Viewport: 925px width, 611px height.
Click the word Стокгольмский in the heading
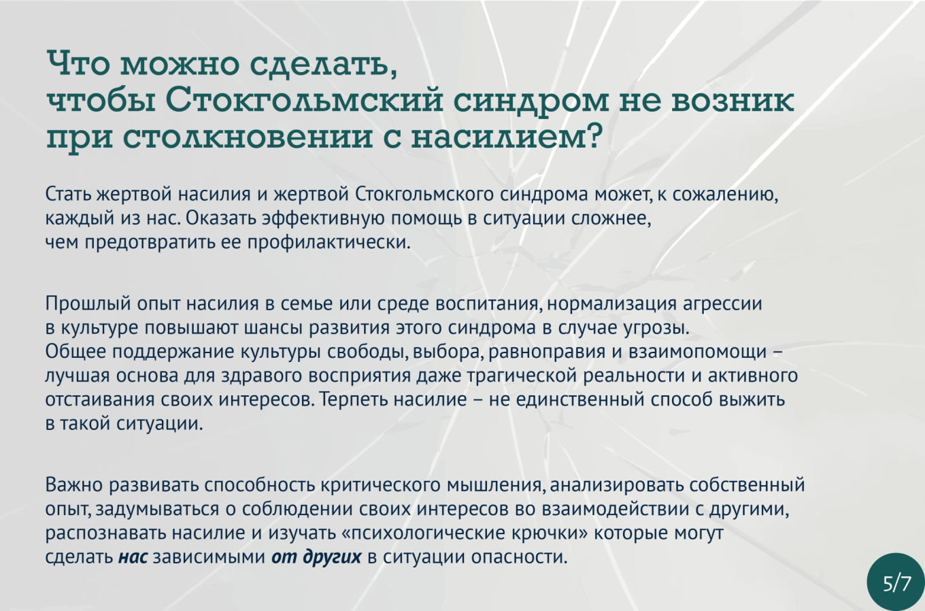coord(304,100)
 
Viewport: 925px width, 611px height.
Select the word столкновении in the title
coord(248,137)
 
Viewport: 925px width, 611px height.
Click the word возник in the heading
coord(732,101)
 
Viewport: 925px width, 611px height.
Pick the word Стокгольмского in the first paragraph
coord(424,194)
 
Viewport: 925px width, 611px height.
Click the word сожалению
coord(726,194)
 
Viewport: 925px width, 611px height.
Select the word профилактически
coord(329,242)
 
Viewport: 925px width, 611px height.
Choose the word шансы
coord(273,328)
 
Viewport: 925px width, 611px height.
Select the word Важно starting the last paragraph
coord(73,484)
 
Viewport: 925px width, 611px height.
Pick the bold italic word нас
coord(133,557)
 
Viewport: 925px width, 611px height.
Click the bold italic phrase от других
coord(316,557)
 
